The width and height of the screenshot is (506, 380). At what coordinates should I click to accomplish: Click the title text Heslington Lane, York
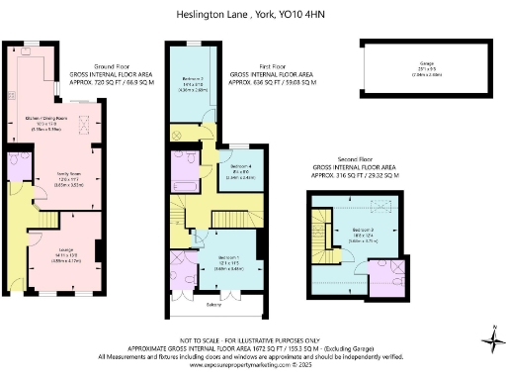tap(252, 15)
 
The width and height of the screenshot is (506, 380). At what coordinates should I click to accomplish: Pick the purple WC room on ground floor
tap(18, 166)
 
